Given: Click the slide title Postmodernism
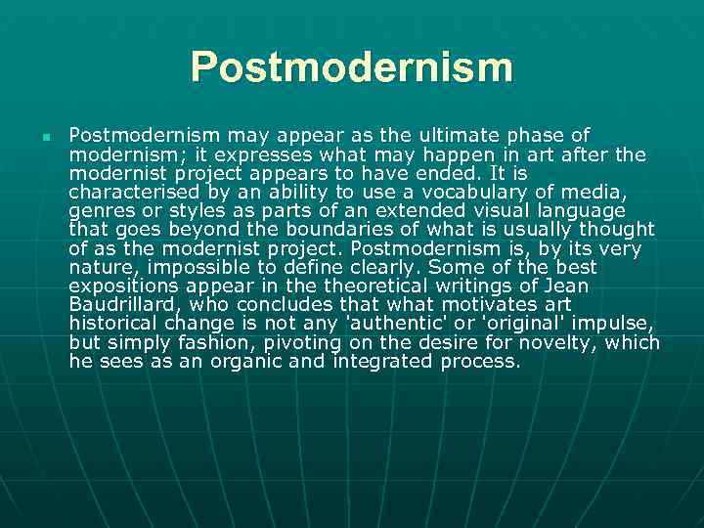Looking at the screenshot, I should point(351,67).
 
